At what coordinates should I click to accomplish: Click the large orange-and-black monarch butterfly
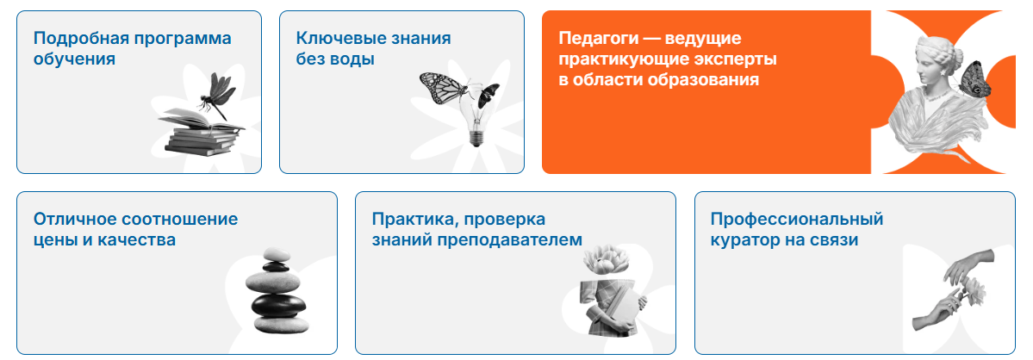(444, 88)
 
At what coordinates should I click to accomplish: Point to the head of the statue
(939, 60)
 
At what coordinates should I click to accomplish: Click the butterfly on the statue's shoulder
(974, 79)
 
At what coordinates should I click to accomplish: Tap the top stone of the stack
(276, 255)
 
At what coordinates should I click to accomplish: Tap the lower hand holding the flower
(940, 310)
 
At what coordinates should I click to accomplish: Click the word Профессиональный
(796, 219)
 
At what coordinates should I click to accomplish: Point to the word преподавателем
(510, 240)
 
